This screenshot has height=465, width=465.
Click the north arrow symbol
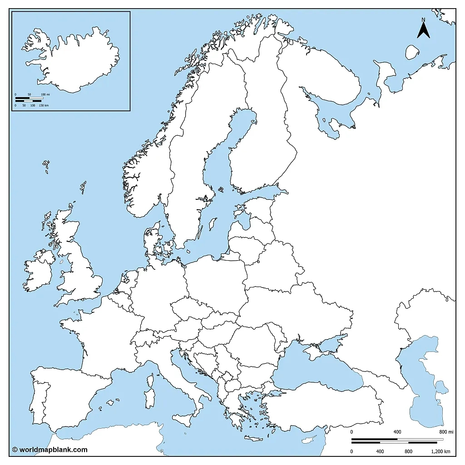(x=424, y=31)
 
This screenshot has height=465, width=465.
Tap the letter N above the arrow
(x=423, y=20)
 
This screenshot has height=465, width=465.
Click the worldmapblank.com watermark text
(x=49, y=450)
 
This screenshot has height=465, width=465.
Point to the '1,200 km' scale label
(x=440, y=451)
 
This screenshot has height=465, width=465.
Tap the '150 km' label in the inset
(x=44, y=105)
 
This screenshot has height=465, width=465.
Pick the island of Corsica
(x=149, y=381)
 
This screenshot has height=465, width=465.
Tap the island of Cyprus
(x=309, y=440)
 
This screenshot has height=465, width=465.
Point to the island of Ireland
(x=39, y=275)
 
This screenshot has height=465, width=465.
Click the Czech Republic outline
(x=191, y=309)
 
